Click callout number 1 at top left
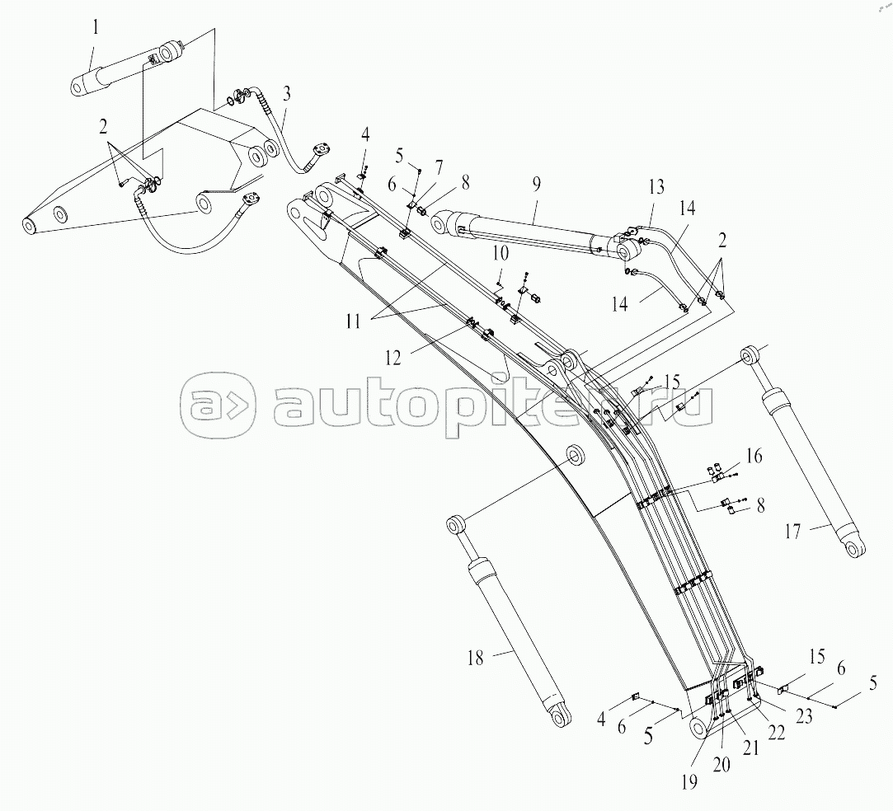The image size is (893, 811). pos(96,28)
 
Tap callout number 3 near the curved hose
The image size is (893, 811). pos(286,93)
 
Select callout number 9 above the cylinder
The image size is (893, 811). pos(536,184)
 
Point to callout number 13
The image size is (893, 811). pos(656,187)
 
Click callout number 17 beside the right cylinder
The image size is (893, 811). pos(792,532)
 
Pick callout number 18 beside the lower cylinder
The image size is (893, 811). pos(475,659)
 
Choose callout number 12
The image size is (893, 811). pos(393,358)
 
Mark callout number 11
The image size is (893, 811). pos(353,321)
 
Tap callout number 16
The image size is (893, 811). pos(754,456)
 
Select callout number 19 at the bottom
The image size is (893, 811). pos(689,782)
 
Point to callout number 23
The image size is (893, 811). pos(804,716)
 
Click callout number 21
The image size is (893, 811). pos(751,748)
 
